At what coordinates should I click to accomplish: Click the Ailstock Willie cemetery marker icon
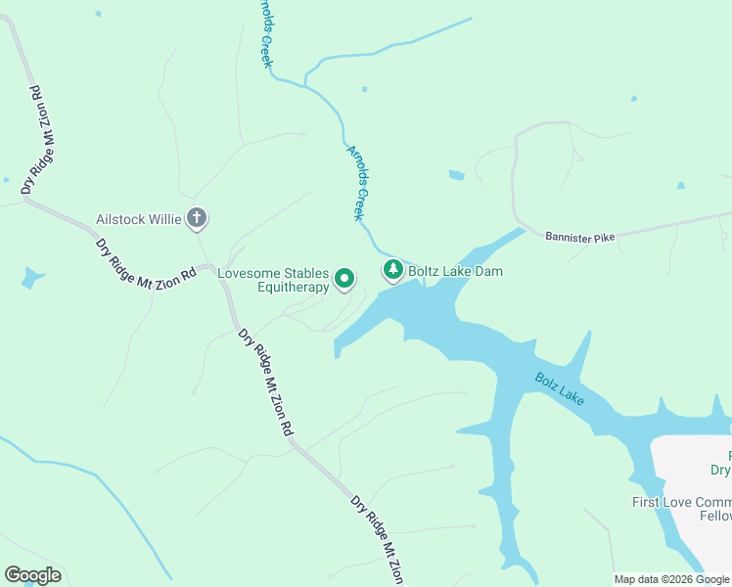tap(197, 219)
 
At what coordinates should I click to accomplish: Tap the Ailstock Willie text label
tap(139, 219)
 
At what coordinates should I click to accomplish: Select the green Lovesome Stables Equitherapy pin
tap(344, 280)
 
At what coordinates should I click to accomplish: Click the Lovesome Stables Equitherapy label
tap(273, 281)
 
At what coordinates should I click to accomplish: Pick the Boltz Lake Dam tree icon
tap(392, 270)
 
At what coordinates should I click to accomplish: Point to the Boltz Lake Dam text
tap(455, 271)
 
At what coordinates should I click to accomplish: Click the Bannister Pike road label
tap(580, 238)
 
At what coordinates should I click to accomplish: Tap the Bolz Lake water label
tap(559, 387)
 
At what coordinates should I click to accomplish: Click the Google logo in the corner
tap(32, 575)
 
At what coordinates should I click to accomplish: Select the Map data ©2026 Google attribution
tap(671, 579)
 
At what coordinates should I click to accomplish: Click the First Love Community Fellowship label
tap(681, 509)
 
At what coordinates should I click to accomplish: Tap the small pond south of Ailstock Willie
tap(32, 279)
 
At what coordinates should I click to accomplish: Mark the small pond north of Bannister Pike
tap(456, 175)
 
